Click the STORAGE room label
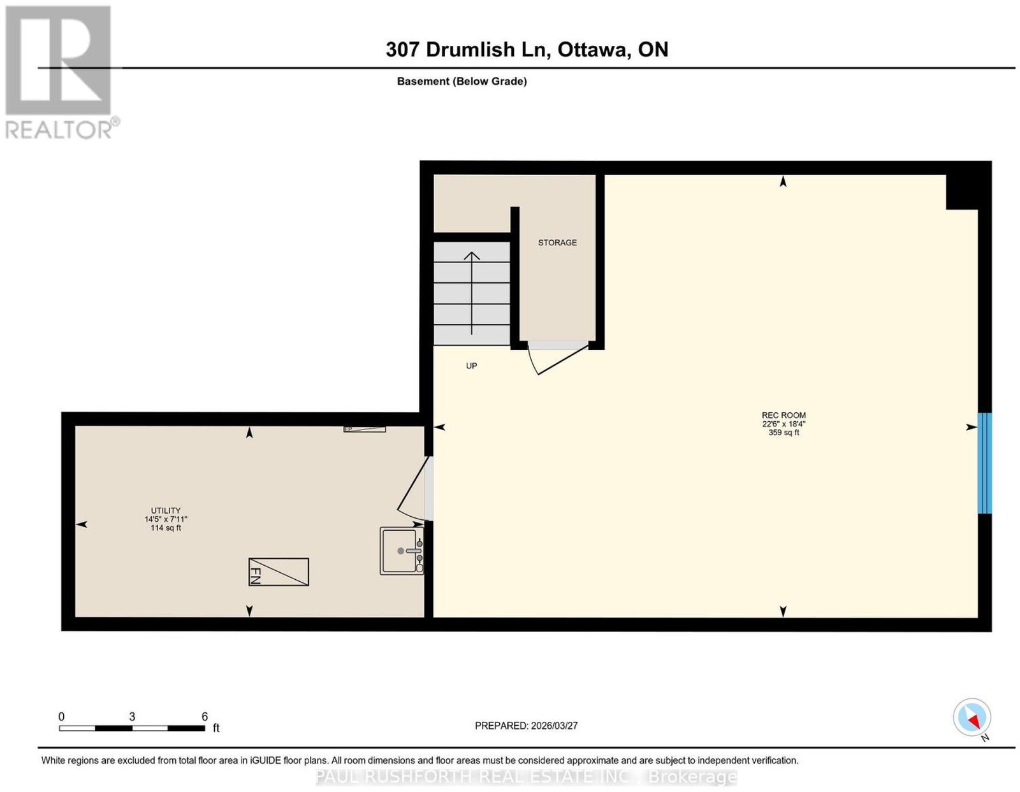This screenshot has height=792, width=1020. (557, 242)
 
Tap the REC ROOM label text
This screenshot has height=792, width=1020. (783, 415)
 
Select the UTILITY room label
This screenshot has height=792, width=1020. (166, 510)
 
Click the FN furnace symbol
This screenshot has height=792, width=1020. (279, 572)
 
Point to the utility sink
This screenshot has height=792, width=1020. (402, 551)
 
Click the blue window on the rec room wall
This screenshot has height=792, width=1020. (984, 463)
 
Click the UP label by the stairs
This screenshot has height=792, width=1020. (471, 366)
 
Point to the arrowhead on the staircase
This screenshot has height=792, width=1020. (472, 256)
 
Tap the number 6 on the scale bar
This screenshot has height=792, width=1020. (205, 716)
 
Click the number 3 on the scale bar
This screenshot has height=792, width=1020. (133, 716)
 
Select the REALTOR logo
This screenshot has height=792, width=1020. (61, 73)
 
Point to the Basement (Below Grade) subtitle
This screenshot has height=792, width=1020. (462, 81)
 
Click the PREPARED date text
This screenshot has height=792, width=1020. (526, 725)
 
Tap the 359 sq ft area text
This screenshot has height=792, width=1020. (783, 433)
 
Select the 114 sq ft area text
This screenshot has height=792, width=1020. (166, 528)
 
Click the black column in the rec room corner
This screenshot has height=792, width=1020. (962, 192)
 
